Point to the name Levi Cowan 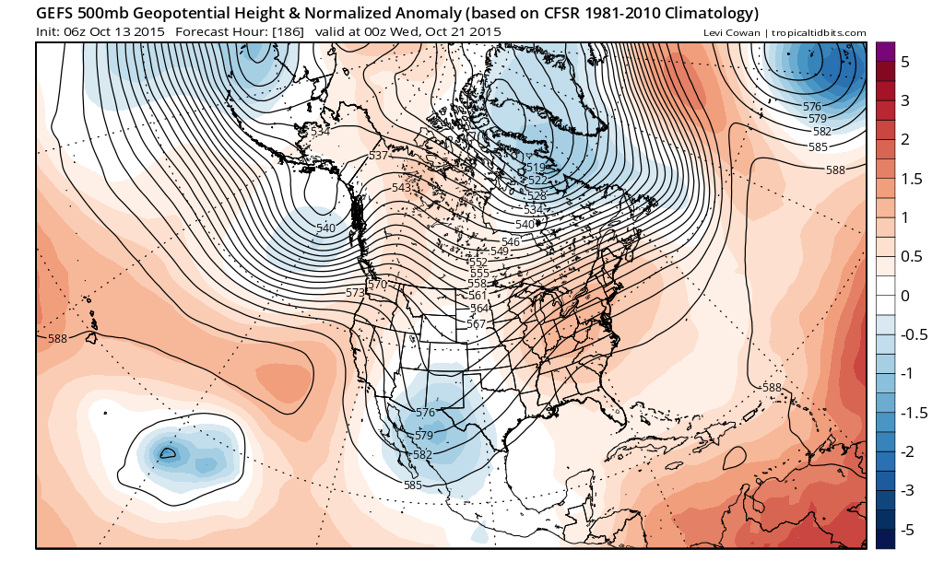pos(729,33)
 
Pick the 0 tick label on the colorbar pos(905,296)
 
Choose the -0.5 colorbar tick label pos(913,334)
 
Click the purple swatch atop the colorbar pos(885,52)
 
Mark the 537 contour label pos(378,156)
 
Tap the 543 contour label pos(401,187)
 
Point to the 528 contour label pos(537,195)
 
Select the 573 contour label pos(355,292)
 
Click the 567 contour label pos(476,323)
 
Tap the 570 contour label pos(377,285)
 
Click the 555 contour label pos(479,273)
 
